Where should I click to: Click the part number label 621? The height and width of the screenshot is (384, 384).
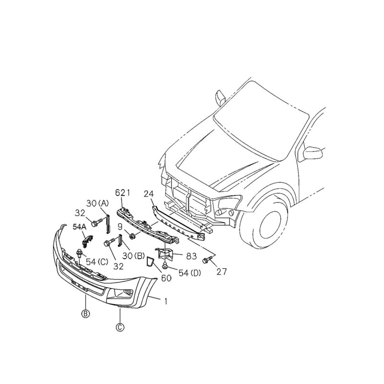(123, 193)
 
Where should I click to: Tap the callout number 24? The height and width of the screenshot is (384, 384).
(149, 194)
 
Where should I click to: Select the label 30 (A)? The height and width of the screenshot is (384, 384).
(98, 203)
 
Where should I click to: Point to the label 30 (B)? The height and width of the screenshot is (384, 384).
(134, 256)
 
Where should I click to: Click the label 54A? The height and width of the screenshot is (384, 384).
(80, 227)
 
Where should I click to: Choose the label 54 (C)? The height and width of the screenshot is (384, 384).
(97, 262)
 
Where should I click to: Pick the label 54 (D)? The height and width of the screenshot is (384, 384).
(190, 273)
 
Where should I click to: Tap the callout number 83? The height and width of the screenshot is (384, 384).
(192, 256)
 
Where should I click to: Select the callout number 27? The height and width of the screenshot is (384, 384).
(222, 272)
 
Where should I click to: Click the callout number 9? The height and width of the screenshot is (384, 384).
(120, 227)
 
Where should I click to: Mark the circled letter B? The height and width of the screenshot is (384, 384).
(85, 314)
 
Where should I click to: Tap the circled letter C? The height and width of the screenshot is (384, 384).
(120, 327)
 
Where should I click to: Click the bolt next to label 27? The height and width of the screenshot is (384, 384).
(206, 260)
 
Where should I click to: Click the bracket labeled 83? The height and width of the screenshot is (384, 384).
(165, 253)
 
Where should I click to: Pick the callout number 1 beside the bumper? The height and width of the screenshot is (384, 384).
(166, 301)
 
